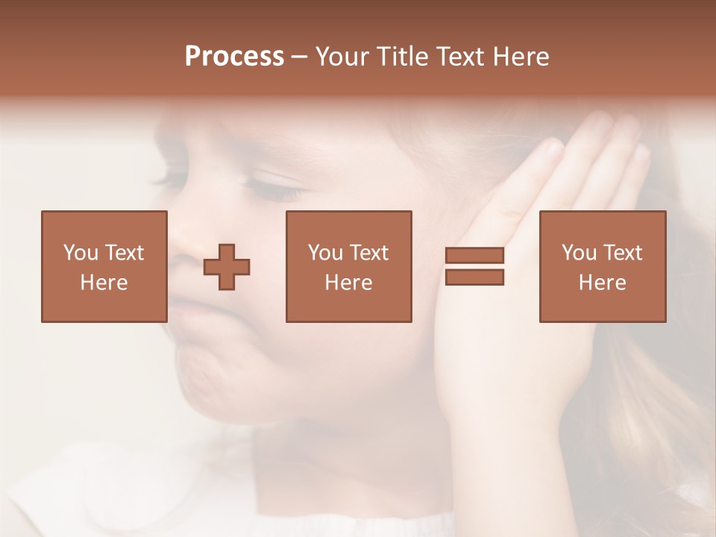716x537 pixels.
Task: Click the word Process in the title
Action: tap(234, 57)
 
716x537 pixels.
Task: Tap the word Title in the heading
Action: tap(402, 57)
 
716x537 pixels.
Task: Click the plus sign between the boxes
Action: tap(227, 267)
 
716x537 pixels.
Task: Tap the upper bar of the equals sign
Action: tap(474, 255)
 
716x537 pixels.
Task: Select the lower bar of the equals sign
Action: tap(474, 277)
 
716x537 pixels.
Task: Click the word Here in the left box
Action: tap(104, 283)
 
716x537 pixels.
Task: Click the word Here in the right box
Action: tap(602, 283)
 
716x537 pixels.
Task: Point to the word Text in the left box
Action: tap(125, 253)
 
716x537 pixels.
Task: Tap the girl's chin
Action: tap(216, 380)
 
